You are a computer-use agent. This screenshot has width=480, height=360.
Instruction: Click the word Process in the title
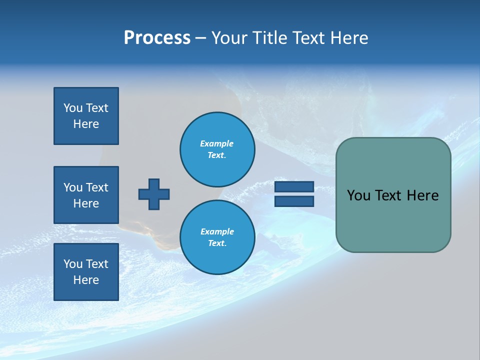[157, 38]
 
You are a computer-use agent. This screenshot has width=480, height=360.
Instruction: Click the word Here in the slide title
[348, 38]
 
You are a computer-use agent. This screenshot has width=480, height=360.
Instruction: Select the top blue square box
[86, 116]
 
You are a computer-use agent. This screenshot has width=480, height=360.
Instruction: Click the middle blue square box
[86, 195]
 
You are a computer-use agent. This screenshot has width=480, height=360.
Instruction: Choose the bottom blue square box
[86, 271]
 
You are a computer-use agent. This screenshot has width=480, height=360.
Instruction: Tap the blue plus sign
[154, 194]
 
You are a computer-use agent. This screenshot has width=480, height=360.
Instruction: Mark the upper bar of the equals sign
[294, 187]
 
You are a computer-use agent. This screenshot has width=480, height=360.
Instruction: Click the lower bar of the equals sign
[294, 201]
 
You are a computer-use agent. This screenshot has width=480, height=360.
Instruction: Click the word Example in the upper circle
[217, 143]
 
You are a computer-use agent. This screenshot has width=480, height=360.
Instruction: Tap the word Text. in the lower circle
[217, 243]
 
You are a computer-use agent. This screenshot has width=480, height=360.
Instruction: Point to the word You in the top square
[72, 108]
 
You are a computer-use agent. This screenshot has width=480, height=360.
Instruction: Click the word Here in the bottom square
[86, 280]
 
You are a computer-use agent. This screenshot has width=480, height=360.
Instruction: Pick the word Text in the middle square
[96, 187]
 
